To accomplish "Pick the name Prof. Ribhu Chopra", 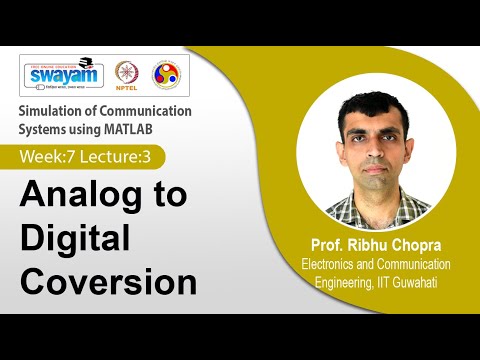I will [x=369, y=245].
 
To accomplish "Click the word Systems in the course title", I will [x=46, y=129].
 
